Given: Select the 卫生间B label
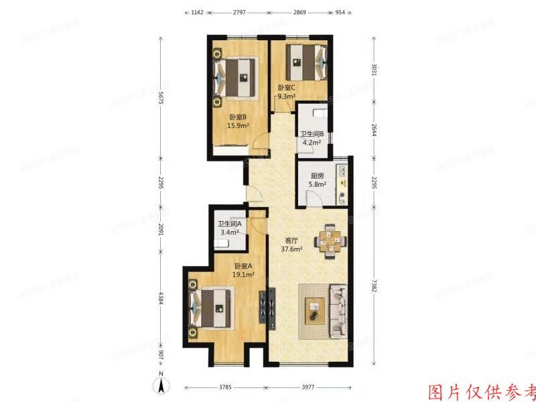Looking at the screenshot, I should point(312,134).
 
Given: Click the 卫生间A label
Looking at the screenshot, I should point(229,224).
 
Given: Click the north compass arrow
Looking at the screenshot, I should point(161,385).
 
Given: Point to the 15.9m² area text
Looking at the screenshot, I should point(238,125).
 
